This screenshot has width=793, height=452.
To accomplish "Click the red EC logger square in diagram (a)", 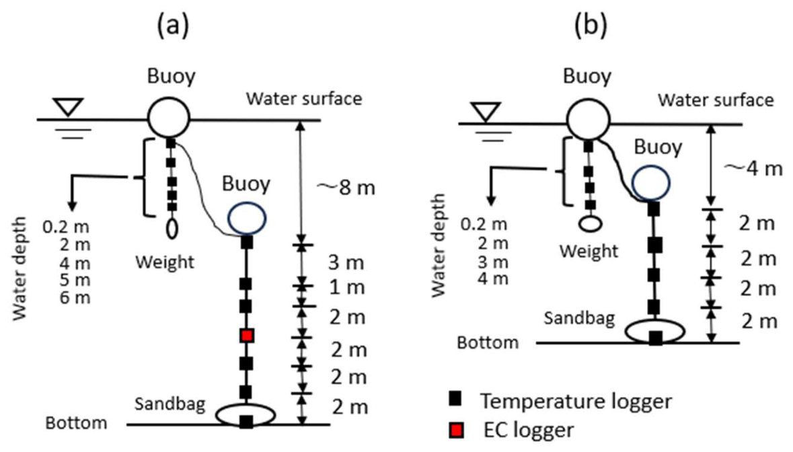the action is pos(247,335).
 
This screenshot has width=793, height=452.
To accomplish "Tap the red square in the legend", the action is pos(456,430).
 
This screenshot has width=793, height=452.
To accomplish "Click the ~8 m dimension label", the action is pos(346,188).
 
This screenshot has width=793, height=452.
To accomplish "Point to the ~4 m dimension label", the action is pos(754,168).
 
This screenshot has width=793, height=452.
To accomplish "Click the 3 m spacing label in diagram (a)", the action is pos(346,262).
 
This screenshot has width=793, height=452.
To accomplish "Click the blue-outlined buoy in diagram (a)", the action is pos(247,219).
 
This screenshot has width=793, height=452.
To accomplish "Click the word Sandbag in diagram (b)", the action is pos(580,318).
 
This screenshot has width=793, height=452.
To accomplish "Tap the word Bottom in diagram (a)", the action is pos(77,422).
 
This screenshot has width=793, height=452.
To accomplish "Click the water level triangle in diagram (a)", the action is pos(69,107).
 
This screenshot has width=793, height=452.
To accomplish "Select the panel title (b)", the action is pos(591,25).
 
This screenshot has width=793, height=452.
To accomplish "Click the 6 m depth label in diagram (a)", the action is pos(75,297).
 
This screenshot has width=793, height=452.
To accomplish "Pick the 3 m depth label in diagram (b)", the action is pos(492,262).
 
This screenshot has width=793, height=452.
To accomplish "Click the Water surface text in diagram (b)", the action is pos(716,100).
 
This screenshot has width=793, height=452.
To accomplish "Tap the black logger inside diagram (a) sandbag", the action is pos(246,421).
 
